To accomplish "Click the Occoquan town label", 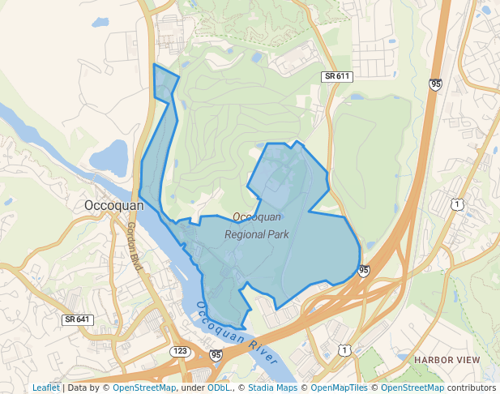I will click(x=113, y=206).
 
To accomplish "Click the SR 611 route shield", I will click(x=336, y=76).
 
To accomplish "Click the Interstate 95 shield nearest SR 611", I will click(x=436, y=84).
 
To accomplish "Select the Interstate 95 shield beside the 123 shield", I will click(x=215, y=355).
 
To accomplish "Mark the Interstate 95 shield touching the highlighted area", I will click(x=364, y=270).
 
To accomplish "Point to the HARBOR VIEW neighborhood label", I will click(x=447, y=359).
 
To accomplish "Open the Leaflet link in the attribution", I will click(x=46, y=388).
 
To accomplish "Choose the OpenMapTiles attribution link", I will click(x=334, y=388).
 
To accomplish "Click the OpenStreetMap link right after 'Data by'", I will click(x=143, y=388).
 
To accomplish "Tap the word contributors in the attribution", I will click(x=472, y=388).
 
